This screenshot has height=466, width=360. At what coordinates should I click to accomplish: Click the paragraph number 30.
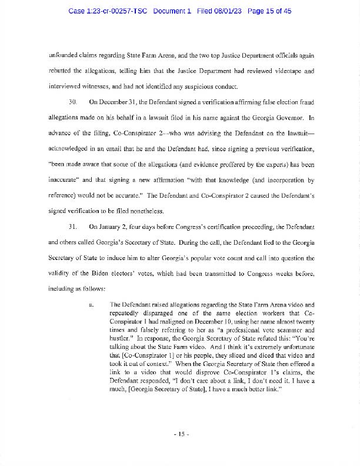74,102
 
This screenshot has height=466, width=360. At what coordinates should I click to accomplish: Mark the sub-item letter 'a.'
91,304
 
